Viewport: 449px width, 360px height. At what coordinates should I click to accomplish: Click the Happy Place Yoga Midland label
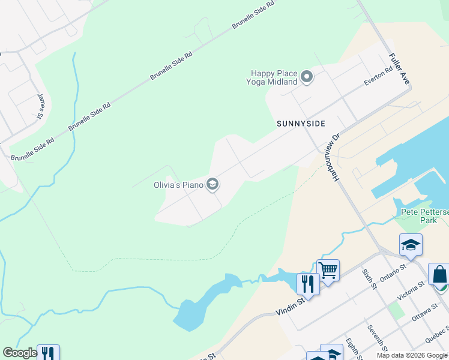[x=274, y=77]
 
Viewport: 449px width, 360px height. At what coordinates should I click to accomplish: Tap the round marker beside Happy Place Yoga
[x=307, y=77]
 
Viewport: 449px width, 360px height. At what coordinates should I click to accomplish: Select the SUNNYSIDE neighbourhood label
[x=301, y=124]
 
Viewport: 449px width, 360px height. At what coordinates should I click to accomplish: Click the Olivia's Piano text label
[x=178, y=185]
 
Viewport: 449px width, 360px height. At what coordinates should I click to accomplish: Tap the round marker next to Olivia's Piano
[x=212, y=185]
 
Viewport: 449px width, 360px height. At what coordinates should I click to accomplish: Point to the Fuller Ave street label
[x=398, y=68]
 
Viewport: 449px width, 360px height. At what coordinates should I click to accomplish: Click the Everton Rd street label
[x=378, y=76]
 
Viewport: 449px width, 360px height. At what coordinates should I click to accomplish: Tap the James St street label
[x=41, y=106]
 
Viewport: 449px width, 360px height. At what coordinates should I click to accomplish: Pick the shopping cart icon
[x=328, y=270]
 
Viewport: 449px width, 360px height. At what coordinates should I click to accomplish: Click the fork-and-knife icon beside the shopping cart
[x=308, y=284]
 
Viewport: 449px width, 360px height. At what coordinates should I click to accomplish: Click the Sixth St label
[x=368, y=279]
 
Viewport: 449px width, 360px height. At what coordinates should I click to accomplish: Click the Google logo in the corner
[x=20, y=353]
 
